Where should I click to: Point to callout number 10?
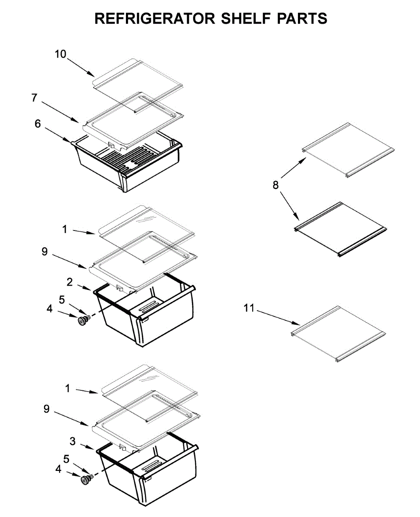60,54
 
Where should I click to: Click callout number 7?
34,98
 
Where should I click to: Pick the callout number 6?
38,124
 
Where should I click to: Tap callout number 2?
69,282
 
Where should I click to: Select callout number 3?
73,441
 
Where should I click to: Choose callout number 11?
249,308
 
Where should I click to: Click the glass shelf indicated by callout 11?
339,334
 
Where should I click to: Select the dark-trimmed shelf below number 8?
341,229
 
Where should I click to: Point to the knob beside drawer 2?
81,320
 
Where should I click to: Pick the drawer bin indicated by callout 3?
149,474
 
